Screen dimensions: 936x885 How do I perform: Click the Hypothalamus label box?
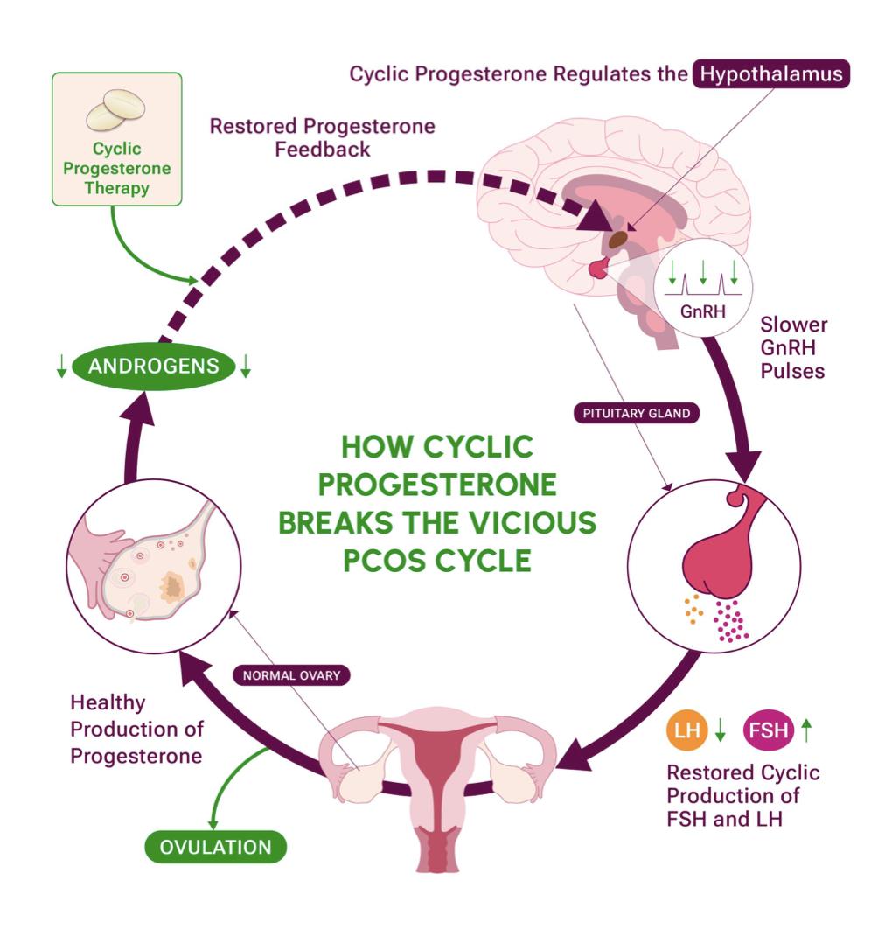click(770, 73)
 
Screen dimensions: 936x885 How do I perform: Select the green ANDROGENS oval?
click(152, 365)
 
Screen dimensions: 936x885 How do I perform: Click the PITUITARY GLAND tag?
click(637, 413)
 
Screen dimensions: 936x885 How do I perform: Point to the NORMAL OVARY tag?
click(291, 675)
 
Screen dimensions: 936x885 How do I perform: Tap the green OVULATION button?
click(215, 847)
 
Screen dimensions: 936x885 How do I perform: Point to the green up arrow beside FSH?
click(806, 730)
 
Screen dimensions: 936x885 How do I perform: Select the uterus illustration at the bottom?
click(437, 779)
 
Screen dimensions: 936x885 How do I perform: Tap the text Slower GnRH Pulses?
click(792, 347)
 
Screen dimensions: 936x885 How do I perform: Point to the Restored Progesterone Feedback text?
click(322, 137)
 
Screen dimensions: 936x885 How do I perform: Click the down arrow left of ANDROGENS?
click(61, 367)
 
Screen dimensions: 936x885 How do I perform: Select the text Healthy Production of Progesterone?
click(136, 729)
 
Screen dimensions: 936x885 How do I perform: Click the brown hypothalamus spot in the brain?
click(618, 237)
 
